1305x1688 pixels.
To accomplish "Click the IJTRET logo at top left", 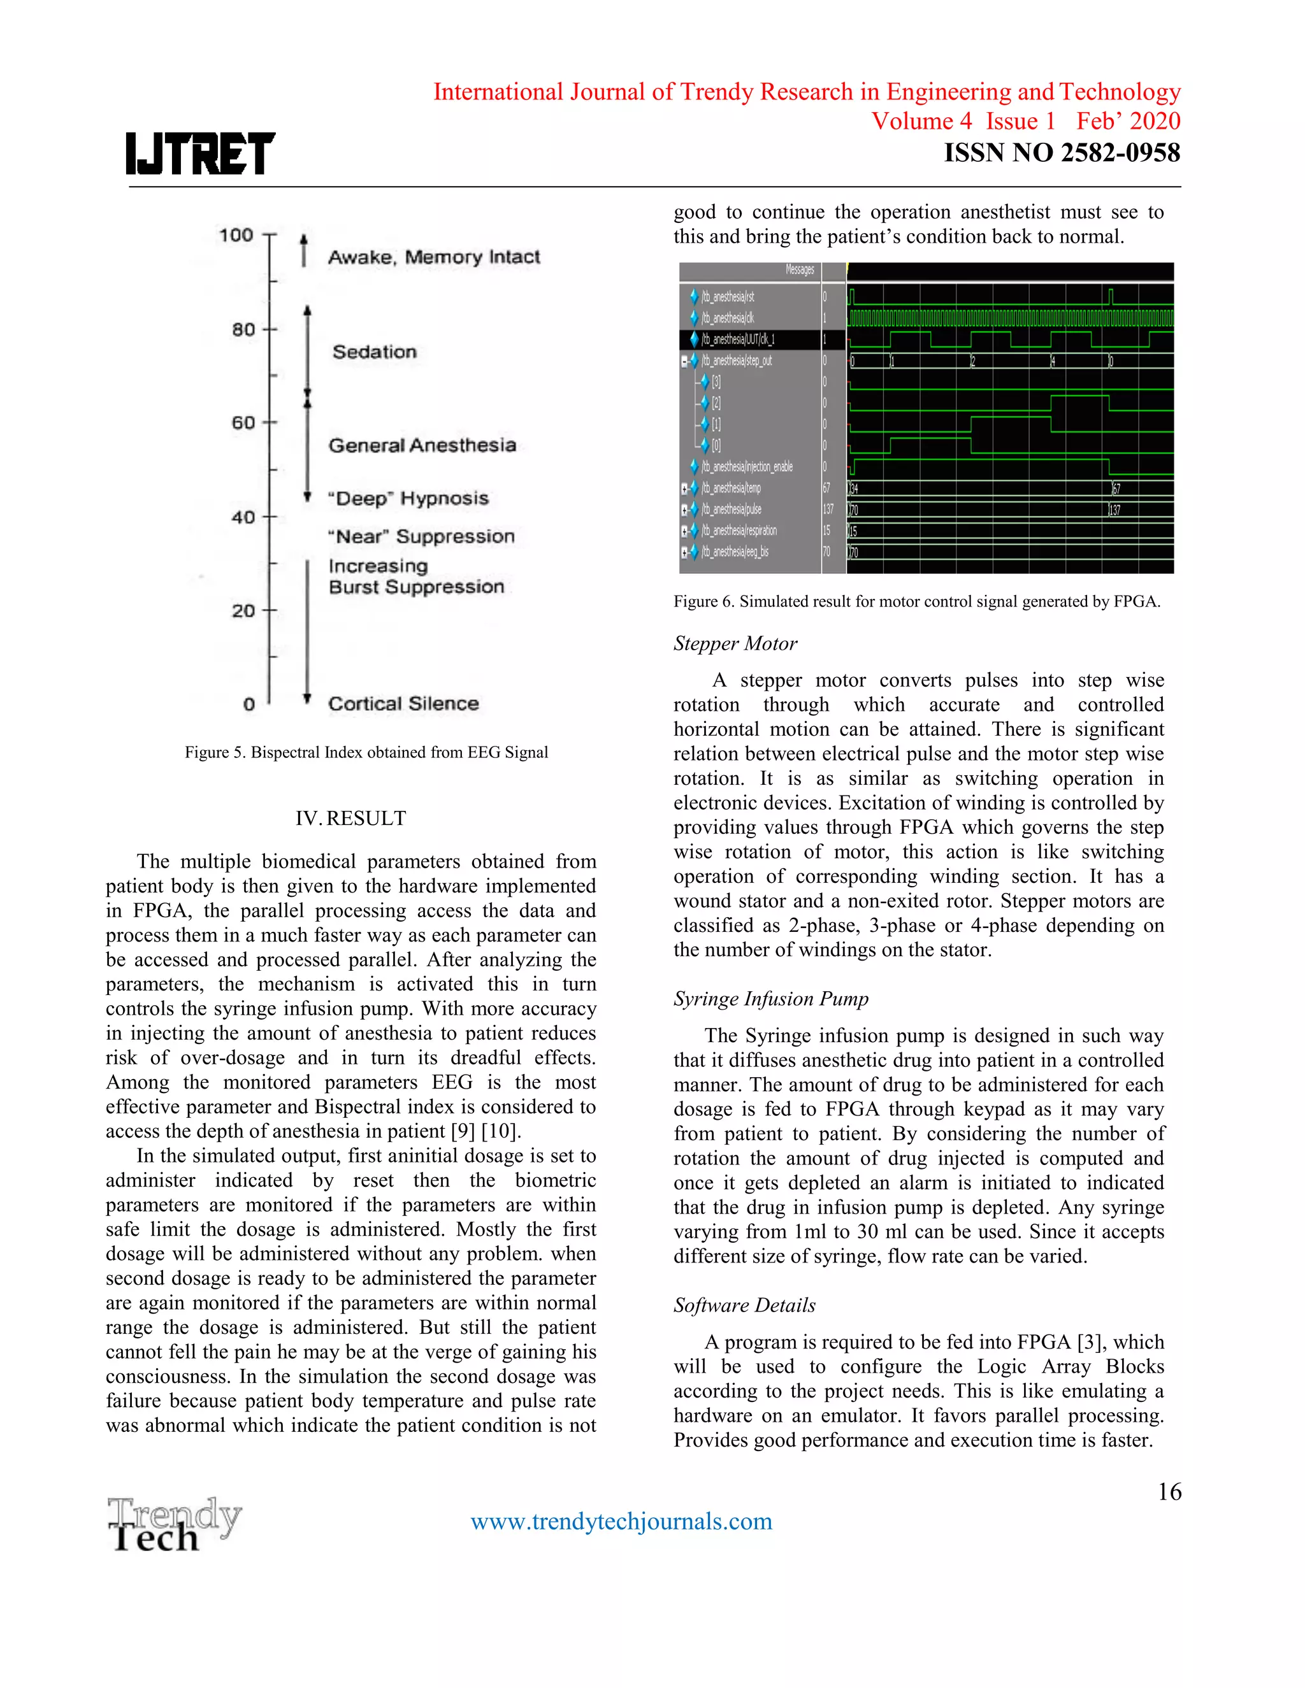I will click(200, 153).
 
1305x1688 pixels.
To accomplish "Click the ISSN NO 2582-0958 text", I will click(1062, 153).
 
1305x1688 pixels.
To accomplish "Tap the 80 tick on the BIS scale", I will click(244, 330).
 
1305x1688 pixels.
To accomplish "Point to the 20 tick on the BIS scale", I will click(244, 611).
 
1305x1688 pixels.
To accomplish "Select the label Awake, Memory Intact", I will click(434, 257).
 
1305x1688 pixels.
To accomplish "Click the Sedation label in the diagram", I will click(374, 352).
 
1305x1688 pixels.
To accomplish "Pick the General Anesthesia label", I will click(422, 445).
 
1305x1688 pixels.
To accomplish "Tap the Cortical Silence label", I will click(403, 703).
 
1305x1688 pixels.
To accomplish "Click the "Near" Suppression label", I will click(421, 536).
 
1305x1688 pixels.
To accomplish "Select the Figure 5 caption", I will click(366, 752).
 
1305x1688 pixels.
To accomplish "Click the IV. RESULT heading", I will click(350, 819).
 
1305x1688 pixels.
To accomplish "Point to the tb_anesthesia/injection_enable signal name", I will click(746, 467).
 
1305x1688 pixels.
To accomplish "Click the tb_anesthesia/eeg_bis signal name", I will click(735, 552).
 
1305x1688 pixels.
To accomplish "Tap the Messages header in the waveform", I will click(800, 269).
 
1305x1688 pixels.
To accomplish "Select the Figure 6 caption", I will click(916, 601).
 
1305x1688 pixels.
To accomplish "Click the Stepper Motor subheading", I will click(735, 644).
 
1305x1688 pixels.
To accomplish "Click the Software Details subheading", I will click(744, 1305).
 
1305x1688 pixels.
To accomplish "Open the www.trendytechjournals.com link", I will click(621, 1521).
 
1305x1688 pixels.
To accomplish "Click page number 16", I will click(1169, 1492).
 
